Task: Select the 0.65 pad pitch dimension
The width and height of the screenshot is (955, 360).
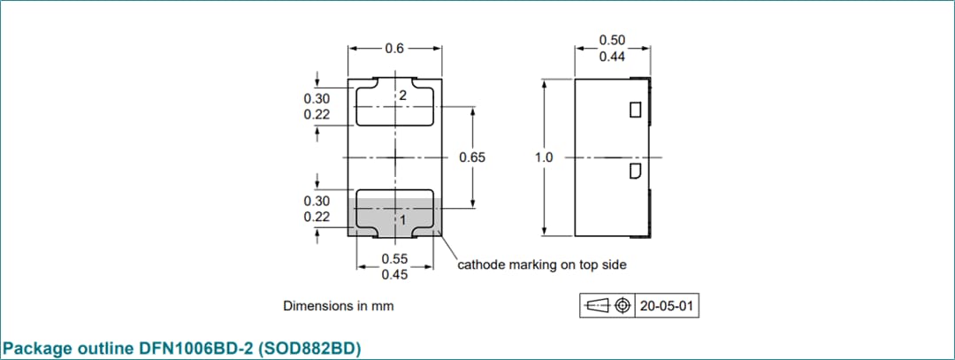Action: pos(472,157)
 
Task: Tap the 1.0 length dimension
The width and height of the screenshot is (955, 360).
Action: pos(544,157)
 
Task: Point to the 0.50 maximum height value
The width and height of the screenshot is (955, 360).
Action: pos(612,41)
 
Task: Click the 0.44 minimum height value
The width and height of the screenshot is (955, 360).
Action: pos(612,57)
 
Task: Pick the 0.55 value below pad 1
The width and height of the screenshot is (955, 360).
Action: pos(394,259)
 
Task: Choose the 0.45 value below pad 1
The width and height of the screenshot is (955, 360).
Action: pos(394,275)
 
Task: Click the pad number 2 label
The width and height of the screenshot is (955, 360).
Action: pos(402,96)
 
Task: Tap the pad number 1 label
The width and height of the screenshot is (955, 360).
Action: pos(402,219)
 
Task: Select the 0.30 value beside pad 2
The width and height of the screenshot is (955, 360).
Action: pos(317,98)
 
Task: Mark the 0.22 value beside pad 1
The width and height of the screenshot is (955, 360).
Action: pos(317,217)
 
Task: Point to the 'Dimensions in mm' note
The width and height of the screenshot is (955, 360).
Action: pos(338,306)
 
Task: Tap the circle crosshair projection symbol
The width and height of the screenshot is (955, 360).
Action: pos(623,306)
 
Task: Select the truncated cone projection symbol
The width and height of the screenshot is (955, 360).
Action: pos(598,306)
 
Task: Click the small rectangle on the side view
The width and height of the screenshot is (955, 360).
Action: pos(634,111)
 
